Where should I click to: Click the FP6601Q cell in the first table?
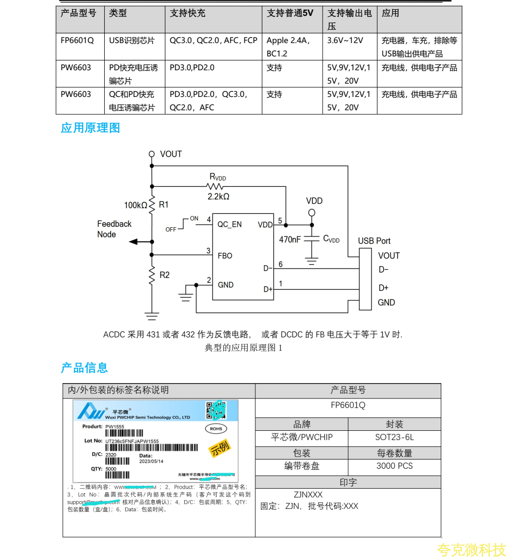(x=77, y=41)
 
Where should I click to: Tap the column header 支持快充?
(x=187, y=13)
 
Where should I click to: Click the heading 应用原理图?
(x=90, y=128)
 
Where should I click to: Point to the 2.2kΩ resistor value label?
(x=218, y=196)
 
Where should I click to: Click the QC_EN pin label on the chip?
(x=229, y=225)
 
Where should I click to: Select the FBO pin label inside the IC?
(x=225, y=255)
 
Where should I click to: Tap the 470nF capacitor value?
(x=290, y=240)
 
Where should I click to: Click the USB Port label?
(x=374, y=241)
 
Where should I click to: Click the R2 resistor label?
(x=164, y=275)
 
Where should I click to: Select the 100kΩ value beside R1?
(x=136, y=205)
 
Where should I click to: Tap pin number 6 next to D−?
(x=280, y=265)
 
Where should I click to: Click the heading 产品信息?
(x=84, y=368)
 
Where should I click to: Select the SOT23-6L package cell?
(x=394, y=437)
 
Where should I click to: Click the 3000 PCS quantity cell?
(x=394, y=466)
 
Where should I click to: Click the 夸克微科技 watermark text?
(x=471, y=550)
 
